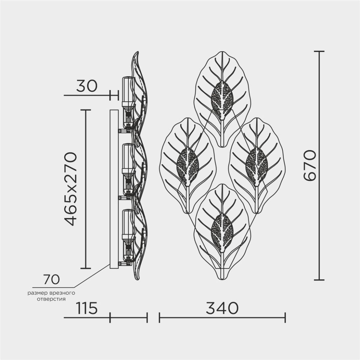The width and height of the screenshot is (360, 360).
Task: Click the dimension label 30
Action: [87, 86]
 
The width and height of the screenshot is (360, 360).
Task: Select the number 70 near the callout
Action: [51, 279]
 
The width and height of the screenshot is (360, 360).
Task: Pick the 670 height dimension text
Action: [310, 165]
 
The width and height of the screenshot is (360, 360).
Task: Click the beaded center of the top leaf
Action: [222, 100]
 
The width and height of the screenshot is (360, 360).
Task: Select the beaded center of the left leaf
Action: [188, 167]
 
